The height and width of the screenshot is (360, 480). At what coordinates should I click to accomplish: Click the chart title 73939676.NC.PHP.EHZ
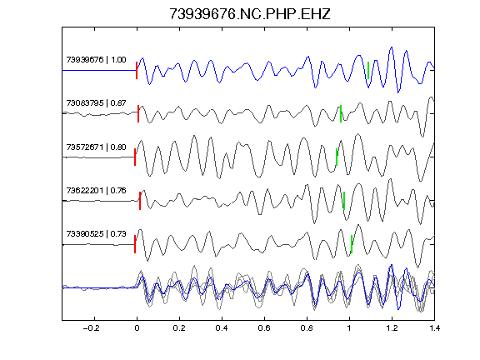click(x=250, y=14)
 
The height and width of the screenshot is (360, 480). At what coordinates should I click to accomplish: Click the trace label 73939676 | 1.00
click(x=96, y=59)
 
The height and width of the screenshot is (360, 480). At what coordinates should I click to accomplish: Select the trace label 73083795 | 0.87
click(x=96, y=102)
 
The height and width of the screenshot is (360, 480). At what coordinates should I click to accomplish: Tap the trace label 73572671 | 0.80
click(x=96, y=147)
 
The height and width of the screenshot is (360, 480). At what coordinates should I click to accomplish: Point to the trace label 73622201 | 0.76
click(x=96, y=190)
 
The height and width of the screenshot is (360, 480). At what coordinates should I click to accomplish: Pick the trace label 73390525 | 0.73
click(x=96, y=234)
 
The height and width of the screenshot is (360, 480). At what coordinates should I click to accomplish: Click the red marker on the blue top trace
click(x=137, y=70)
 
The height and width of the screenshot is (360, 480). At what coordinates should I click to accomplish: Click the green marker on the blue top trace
click(x=368, y=70)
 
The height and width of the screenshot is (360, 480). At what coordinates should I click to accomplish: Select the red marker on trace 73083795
click(x=138, y=114)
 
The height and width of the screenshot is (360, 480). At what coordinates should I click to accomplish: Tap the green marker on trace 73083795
click(x=341, y=114)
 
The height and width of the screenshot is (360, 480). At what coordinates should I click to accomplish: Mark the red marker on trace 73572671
click(x=135, y=157)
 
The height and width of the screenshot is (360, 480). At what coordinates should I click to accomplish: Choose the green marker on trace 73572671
click(x=337, y=157)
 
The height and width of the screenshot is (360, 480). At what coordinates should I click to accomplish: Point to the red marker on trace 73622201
click(x=140, y=201)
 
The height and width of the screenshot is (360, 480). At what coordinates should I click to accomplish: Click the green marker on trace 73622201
click(x=344, y=201)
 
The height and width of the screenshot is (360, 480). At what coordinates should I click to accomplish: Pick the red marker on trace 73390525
click(x=135, y=244)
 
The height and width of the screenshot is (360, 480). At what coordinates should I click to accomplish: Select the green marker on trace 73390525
click(x=352, y=244)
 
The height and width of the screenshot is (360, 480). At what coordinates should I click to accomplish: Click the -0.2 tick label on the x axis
click(x=92, y=328)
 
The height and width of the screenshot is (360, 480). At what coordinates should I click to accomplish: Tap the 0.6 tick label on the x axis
click(x=264, y=328)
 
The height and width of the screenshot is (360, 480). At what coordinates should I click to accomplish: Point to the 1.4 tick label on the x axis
click(x=434, y=328)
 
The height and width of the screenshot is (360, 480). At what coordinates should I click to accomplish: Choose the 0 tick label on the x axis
click(x=137, y=328)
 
